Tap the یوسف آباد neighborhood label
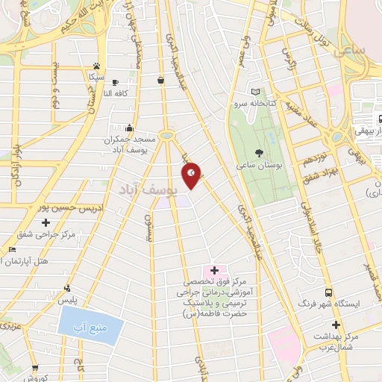pyautogui.click(x=145, y=191)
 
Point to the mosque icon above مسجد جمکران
pyautogui.click(x=130, y=128)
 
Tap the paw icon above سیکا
pyautogui.click(x=96, y=66)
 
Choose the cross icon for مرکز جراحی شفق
pyautogui.click(x=47, y=222)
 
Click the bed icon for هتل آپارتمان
pyautogui.click(x=10, y=249)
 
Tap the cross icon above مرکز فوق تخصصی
pyautogui.click(x=214, y=270)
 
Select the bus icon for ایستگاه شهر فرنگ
pyautogui.click(x=328, y=292)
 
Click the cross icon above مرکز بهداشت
pyautogui.click(x=336, y=325)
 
